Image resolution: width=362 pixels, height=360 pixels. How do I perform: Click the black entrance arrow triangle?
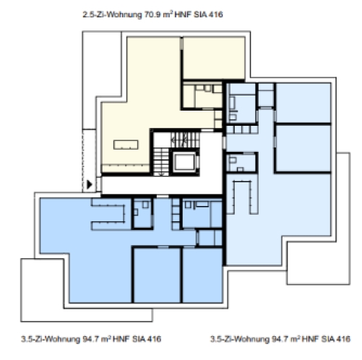click(x=89, y=185)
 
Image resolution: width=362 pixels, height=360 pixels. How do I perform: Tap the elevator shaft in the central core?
click(x=184, y=161)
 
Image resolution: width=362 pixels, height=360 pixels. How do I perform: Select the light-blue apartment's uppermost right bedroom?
click(x=303, y=103)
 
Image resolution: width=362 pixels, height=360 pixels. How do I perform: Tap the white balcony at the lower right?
click(x=318, y=260)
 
